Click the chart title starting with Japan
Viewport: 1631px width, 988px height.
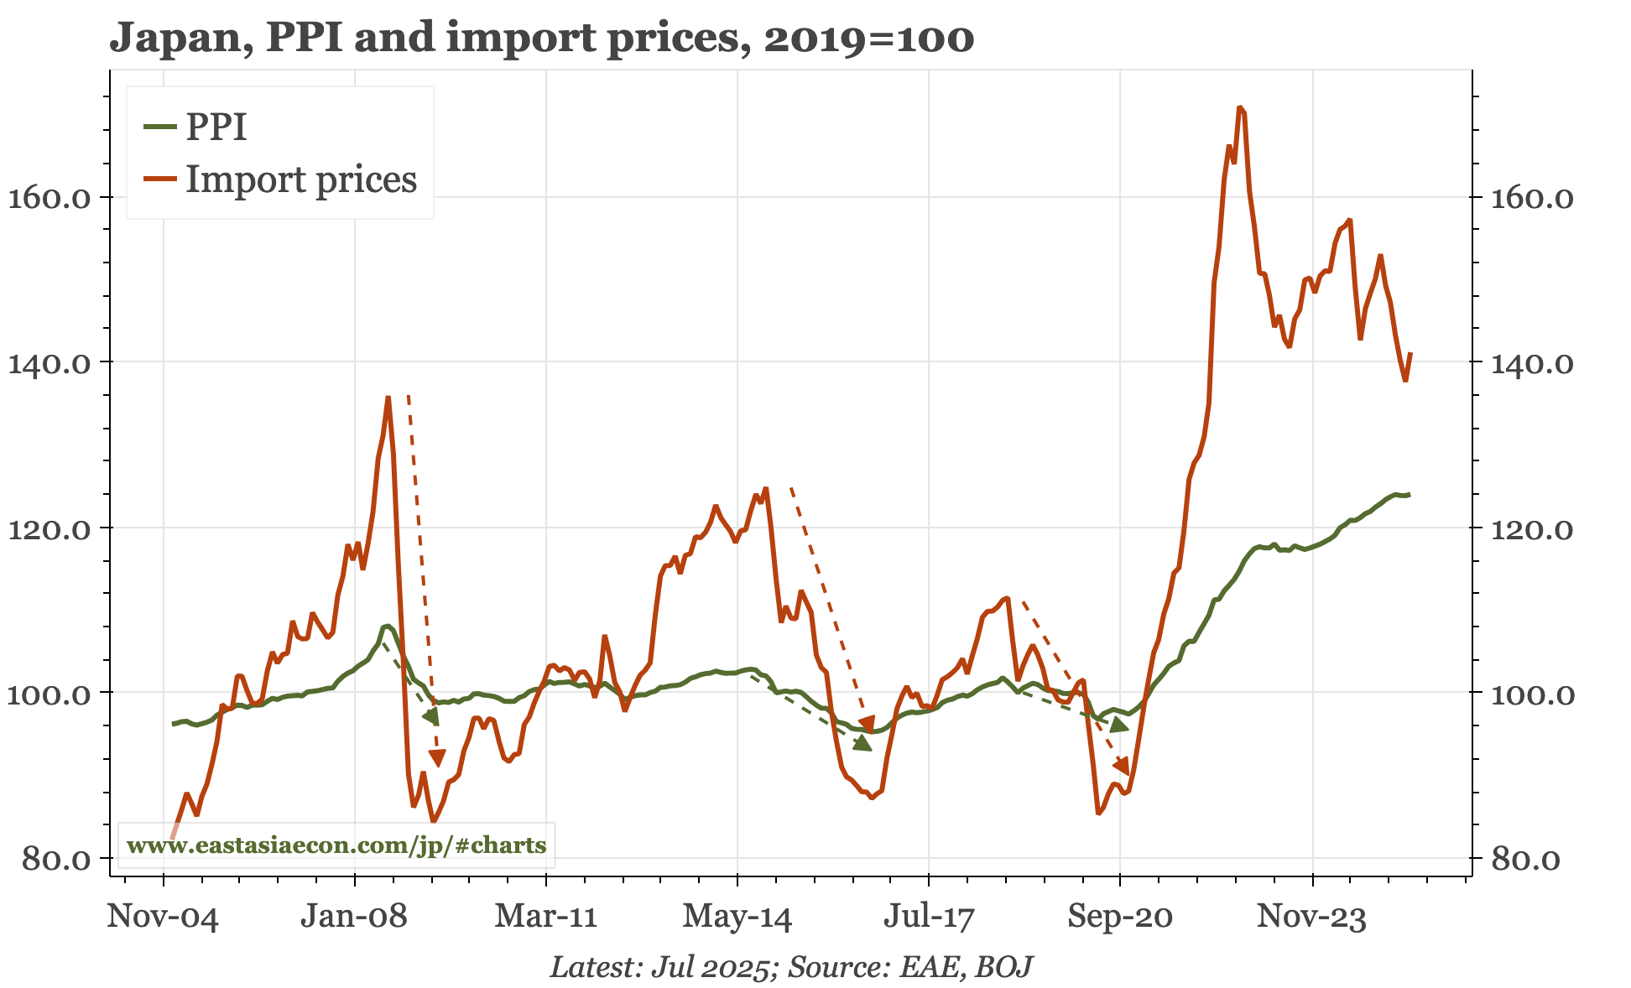[x=541, y=39]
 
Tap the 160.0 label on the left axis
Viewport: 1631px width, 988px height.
[x=50, y=199]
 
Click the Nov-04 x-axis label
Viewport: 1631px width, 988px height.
[x=163, y=917]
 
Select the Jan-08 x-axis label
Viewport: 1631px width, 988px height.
[x=354, y=917]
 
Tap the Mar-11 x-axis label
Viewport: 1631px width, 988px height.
[x=546, y=917]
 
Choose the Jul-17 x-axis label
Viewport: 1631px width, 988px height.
[x=929, y=917]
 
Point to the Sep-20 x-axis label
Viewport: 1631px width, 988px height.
[x=1120, y=917]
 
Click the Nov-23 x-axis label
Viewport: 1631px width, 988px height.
[x=1311, y=917]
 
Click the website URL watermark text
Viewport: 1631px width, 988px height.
[x=336, y=845]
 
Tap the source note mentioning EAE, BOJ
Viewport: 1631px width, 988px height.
[x=790, y=967]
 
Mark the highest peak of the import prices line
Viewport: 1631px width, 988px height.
[x=1239, y=107]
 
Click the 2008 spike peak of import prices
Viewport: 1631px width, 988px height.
[x=388, y=397]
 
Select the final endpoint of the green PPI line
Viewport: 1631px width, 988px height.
[x=1410, y=495]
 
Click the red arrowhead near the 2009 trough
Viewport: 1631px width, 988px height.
[x=437, y=758]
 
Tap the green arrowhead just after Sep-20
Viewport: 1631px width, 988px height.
[x=1119, y=725]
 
